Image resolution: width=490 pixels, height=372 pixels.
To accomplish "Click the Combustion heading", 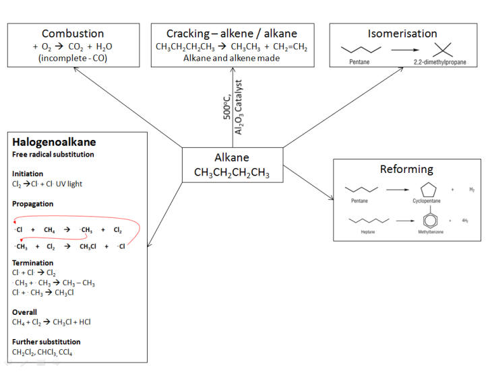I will tap(73, 34).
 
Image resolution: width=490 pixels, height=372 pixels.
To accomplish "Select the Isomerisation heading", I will tap(402, 34).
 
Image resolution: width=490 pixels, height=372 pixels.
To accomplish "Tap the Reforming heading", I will tap(406, 169).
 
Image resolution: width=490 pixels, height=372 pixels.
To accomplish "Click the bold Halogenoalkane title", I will tap(54, 142).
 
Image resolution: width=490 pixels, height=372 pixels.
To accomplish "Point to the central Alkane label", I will tap(232, 157).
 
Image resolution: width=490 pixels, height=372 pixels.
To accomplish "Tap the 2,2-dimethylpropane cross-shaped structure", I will tap(441, 49).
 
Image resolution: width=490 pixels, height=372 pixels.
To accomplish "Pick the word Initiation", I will tap(28, 174).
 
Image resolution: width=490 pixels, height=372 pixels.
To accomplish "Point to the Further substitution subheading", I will tap(46, 342).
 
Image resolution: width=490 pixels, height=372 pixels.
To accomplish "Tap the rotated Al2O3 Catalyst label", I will tap(239, 107).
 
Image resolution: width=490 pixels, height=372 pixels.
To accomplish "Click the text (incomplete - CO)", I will tap(73, 59).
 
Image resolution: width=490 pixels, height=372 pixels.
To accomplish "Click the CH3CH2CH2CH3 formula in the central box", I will tap(232, 173).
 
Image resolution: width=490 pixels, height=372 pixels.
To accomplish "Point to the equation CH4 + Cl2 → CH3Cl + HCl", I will tap(51, 322).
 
